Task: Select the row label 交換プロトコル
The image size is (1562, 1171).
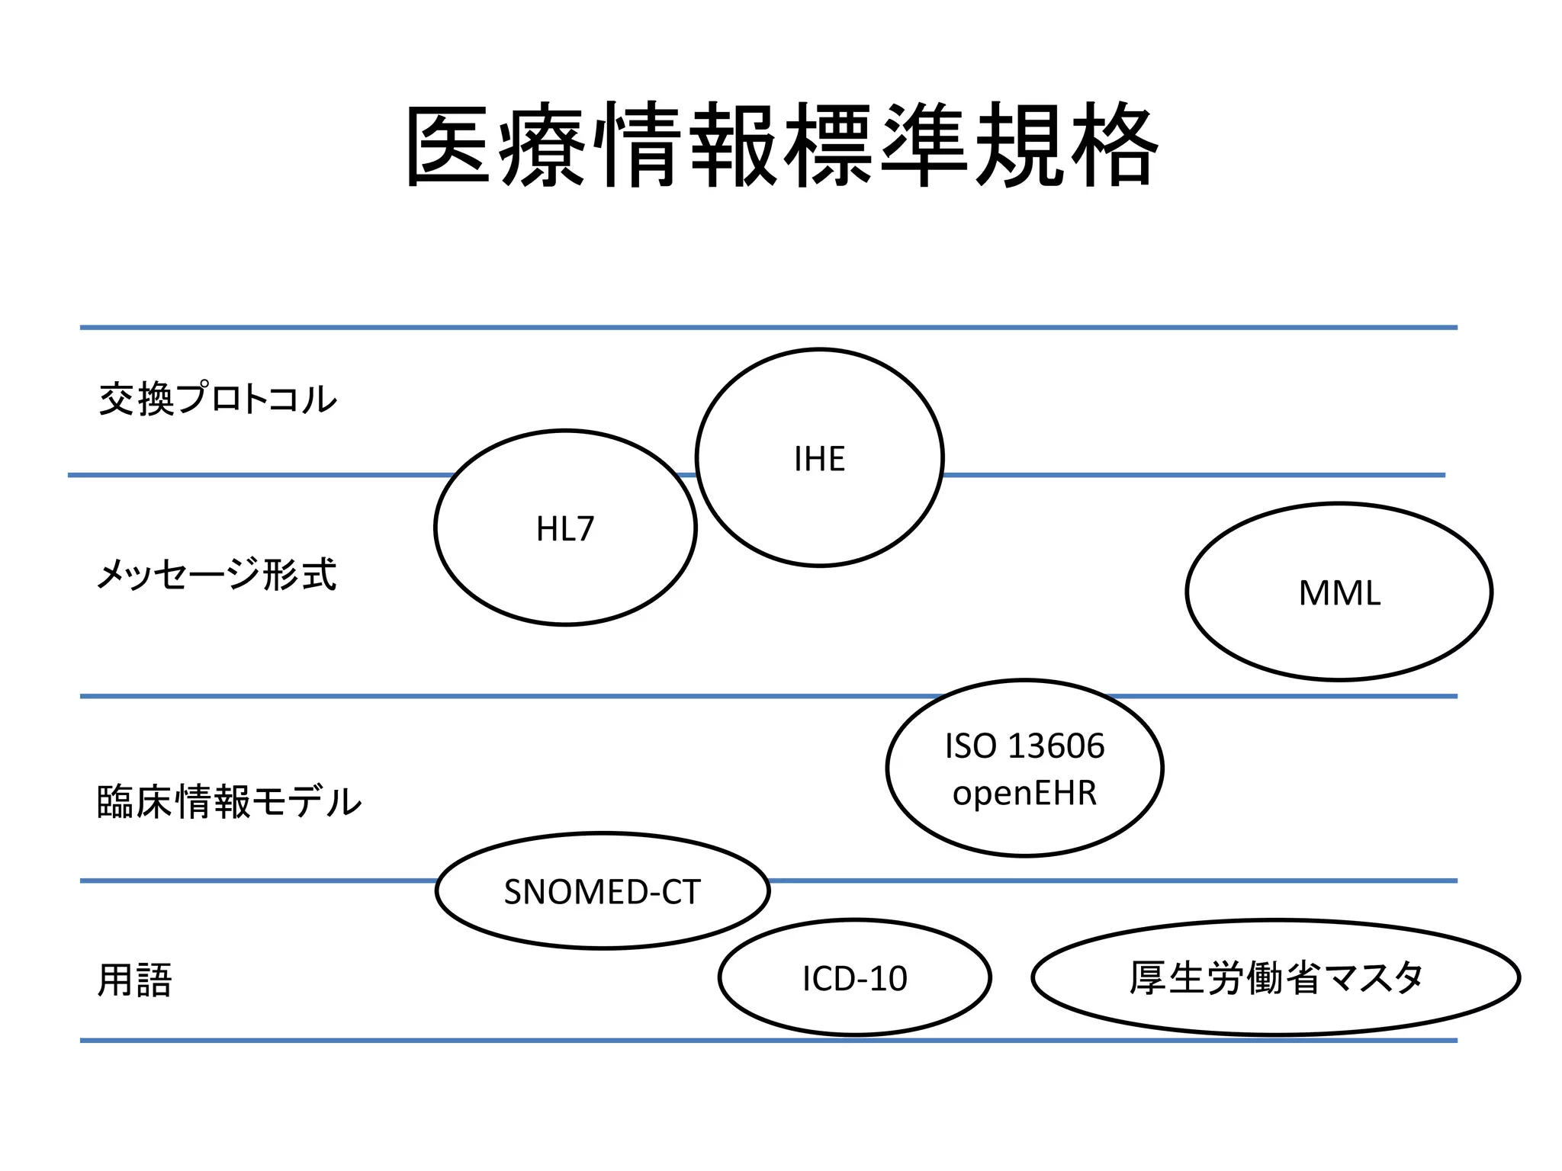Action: pyautogui.click(x=217, y=399)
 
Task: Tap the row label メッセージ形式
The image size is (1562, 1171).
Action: pyautogui.click(x=217, y=574)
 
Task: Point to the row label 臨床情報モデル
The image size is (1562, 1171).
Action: pyautogui.click(x=229, y=801)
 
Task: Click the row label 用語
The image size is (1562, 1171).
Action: pyautogui.click(x=135, y=980)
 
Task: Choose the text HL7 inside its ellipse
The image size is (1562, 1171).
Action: pyautogui.click(x=564, y=529)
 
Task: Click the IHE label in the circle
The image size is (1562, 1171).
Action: pyautogui.click(x=819, y=459)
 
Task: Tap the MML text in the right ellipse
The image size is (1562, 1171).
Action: pyautogui.click(x=1339, y=593)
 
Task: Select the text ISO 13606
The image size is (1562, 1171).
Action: pyautogui.click(x=1024, y=746)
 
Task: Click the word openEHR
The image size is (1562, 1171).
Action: pyautogui.click(x=1024, y=793)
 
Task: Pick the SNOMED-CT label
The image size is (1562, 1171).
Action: pyautogui.click(x=602, y=892)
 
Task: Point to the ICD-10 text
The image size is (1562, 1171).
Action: pyautogui.click(x=854, y=979)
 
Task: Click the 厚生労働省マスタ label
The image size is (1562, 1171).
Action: pyautogui.click(x=1276, y=978)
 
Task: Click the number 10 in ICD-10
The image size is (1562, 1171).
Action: pyautogui.click(x=888, y=979)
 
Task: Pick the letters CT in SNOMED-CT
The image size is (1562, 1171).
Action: pyautogui.click(x=681, y=892)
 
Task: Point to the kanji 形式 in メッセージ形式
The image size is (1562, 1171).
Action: pyautogui.click(x=300, y=574)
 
